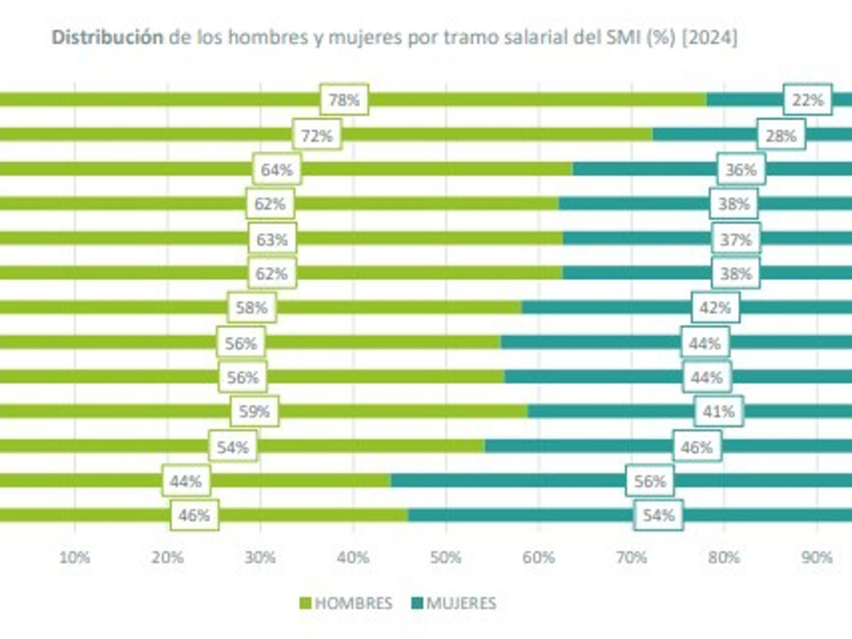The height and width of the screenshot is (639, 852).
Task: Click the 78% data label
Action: click(x=344, y=100)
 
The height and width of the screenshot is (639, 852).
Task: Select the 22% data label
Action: click(x=807, y=100)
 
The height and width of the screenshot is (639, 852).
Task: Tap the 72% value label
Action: click(x=317, y=135)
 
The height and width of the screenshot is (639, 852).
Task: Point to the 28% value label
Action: click(x=781, y=135)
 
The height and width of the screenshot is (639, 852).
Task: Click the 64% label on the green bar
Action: click(x=277, y=170)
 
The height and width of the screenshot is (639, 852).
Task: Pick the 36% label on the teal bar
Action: click(x=741, y=170)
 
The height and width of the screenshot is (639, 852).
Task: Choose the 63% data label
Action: click(x=272, y=239)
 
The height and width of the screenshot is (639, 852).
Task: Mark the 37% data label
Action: click(x=736, y=239)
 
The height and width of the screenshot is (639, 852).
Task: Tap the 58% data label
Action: click(x=252, y=308)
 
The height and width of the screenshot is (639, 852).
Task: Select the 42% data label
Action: click(x=716, y=308)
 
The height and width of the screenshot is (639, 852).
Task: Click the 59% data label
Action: click(x=254, y=412)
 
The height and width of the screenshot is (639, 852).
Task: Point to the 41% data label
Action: click(x=719, y=412)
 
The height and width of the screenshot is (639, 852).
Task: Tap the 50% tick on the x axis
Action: click(x=446, y=557)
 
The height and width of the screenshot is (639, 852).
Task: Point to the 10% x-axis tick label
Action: click(x=75, y=557)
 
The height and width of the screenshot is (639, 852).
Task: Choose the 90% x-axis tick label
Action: click(x=816, y=557)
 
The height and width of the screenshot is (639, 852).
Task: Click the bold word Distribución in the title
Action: click(x=106, y=38)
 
